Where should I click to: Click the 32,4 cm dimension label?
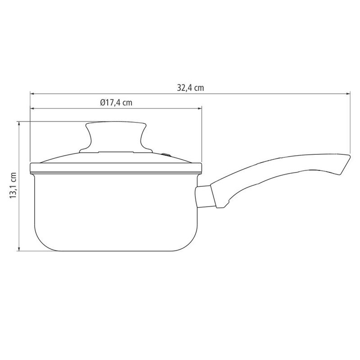[190, 88]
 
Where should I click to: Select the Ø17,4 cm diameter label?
[116, 103]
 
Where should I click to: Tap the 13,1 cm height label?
[13, 185]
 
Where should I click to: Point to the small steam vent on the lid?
[166, 155]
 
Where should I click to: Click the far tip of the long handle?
[350, 156]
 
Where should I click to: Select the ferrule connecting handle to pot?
[205, 197]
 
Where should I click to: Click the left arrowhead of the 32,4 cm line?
[32, 94]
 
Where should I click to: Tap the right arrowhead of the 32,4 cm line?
[348, 94]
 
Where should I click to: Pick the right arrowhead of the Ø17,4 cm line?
[199, 108]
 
